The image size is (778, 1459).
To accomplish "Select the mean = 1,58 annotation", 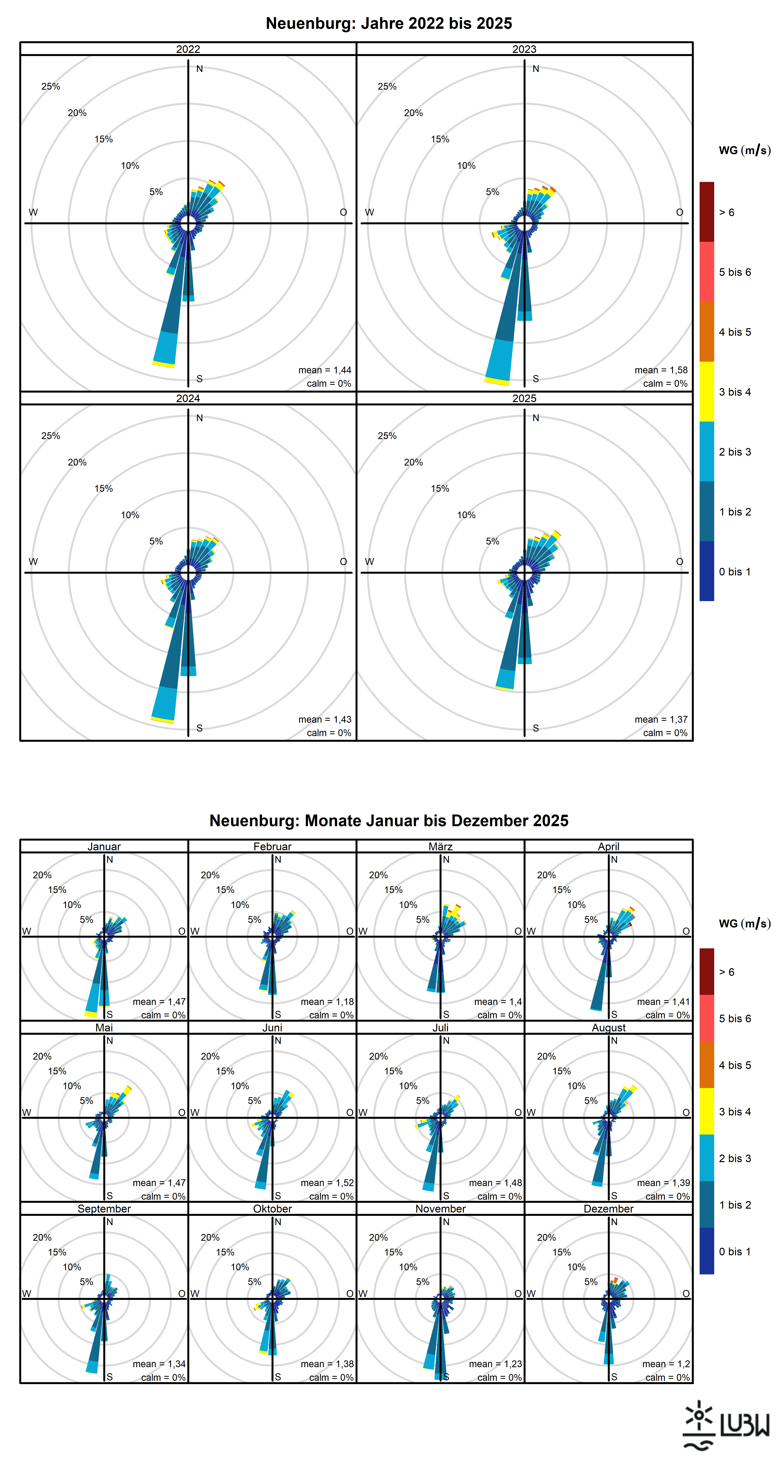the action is pyautogui.click(x=661, y=370).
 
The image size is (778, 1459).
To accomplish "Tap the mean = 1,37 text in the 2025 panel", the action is pyautogui.click(x=661, y=719).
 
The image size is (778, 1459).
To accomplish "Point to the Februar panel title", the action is pyautogui.click(x=272, y=846).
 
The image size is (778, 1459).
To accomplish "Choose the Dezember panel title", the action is pyautogui.click(x=609, y=1209).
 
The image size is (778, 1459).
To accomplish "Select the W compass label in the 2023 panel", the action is pyautogui.click(x=369, y=212).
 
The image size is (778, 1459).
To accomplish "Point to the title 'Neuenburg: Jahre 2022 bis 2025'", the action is pyautogui.click(x=389, y=23).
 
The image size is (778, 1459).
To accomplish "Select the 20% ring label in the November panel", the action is pyautogui.click(x=378, y=1238).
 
